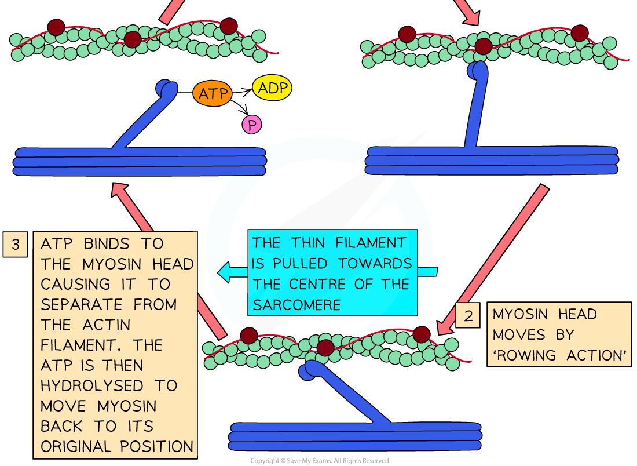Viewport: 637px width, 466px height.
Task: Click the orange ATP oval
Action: pyautogui.click(x=213, y=94)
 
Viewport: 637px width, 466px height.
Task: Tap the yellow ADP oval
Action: pyautogui.click(x=272, y=88)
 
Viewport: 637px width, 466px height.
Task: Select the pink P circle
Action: pyautogui.click(x=251, y=125)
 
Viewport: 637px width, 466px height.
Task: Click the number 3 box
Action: pyautogui.click(x=15, y=244)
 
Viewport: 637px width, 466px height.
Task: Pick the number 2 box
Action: pyautogui.click(x=468, y=316)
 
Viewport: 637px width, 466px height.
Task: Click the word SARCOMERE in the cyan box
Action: pyautogui.click(x=296, y=305)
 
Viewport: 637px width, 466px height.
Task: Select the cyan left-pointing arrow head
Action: pyautogui.click(x=225, y=271)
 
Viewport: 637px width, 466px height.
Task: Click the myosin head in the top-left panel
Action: pyautogui.click(x=167, y=89)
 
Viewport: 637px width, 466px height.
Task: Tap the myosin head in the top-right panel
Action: pyautogui.click(x=478, y=70)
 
